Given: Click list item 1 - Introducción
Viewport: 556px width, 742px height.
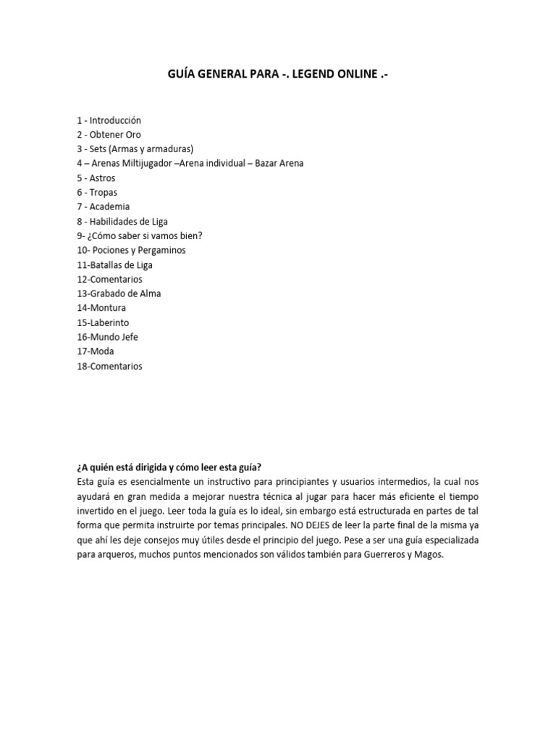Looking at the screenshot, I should pos(109,120).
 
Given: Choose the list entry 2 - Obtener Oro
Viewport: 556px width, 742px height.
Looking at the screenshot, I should pos(109,135).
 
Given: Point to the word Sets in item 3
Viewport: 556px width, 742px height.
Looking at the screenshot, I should pos(99,149).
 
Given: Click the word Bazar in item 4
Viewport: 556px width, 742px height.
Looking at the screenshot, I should pos(268,164).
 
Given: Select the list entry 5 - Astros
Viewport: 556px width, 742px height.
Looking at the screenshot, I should pos(96,178).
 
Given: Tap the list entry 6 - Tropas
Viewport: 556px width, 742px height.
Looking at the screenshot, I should pos(96,193).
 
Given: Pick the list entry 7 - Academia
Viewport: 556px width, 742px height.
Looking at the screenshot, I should pos(103,207).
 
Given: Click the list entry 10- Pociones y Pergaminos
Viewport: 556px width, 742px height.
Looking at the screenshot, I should pos(131,251).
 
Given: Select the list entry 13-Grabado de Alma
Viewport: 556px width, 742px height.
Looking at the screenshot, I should pos(119,294).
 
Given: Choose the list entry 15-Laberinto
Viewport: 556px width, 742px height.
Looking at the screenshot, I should pos(103,323).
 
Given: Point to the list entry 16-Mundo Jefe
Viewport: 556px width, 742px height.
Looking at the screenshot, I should pos(107,338).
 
